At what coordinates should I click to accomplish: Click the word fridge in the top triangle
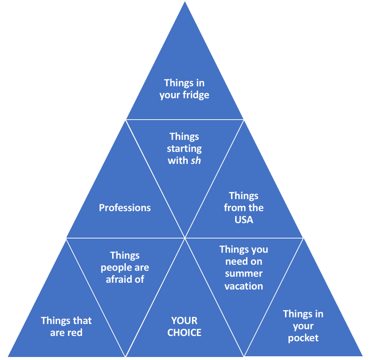click(195, 95)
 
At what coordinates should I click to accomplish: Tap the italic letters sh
click(195, 160)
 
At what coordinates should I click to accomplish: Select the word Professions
click(125, 208)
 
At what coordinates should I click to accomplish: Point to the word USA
click(243, 219)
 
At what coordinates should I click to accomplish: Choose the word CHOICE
click(184, 332)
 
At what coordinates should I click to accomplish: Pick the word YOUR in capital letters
click(184, 321)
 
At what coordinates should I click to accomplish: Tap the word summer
click(243, 273)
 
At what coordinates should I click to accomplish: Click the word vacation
click(243, 286)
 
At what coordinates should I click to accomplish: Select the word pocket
click(303, 338)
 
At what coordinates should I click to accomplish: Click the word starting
click(184, 149)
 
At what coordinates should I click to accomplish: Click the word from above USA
click(233, 208)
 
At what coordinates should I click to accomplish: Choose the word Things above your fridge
click(176, 83)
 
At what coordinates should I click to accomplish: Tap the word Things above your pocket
click(294, 314)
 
